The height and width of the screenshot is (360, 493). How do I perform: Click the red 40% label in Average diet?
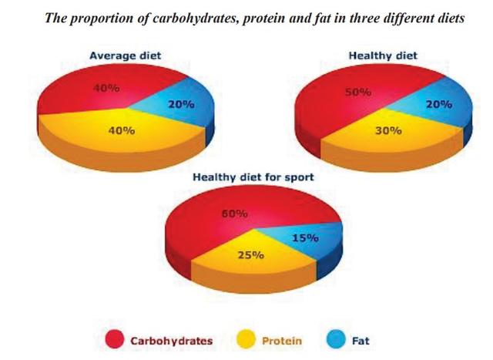click(106, 88)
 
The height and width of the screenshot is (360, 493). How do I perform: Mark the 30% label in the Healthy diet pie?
click(387, 130)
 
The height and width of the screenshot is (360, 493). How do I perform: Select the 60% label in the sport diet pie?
click(234, 214)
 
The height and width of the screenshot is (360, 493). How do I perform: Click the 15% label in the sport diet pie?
click(304, 238)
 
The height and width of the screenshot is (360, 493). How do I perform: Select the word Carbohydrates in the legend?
click(171, 339)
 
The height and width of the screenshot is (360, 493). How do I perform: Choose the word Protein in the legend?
click(281, 339)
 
